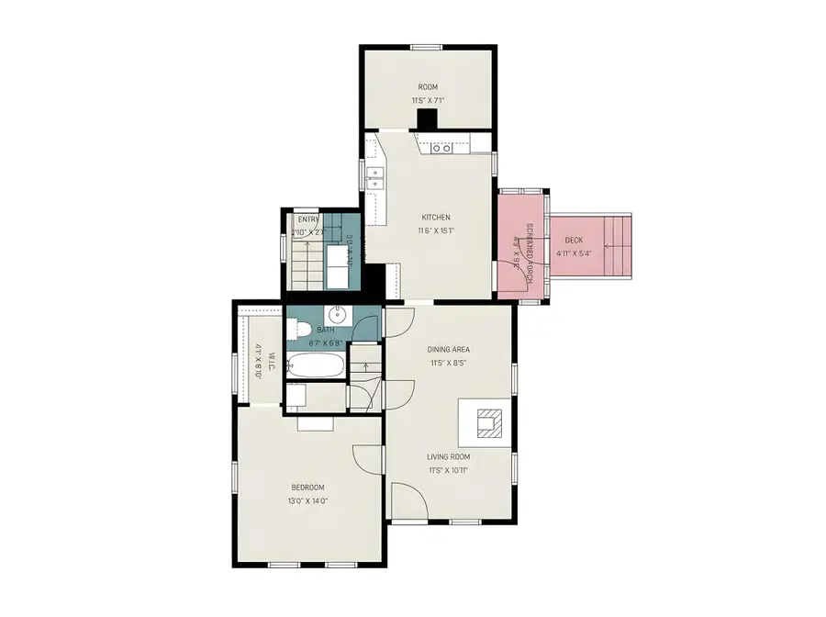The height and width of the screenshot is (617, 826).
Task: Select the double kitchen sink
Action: pos(374,177)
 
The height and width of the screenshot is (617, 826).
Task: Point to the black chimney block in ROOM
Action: pos(427,120)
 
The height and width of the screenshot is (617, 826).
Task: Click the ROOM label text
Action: pos(428,87)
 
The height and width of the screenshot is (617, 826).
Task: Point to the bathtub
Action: pos(316,366)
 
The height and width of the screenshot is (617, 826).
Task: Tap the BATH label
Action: pos(326,331)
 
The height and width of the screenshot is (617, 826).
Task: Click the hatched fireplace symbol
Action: pos(486,423)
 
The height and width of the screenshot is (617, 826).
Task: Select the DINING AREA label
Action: pos(449,349)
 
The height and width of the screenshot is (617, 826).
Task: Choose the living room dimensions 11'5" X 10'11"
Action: pos(448,470)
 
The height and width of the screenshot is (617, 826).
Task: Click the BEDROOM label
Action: pos(307,488)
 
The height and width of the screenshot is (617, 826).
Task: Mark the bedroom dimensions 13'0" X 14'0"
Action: pos(307,501)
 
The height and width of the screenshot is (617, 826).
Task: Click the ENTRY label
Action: pos(308,219)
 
